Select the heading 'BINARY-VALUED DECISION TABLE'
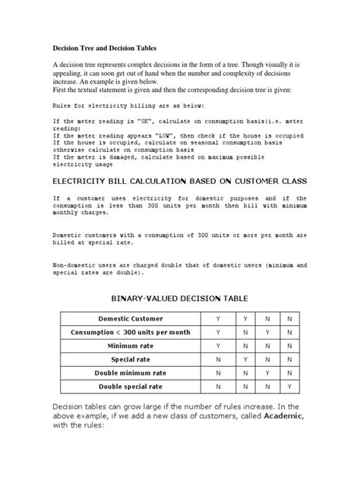point(179,299)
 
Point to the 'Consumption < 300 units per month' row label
point(131,333)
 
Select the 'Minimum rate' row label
point(131,346)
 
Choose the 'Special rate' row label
point(131,360)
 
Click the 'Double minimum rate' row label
point(131,374)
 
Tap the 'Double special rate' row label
point(131,387)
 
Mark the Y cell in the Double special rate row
point(291,387)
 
